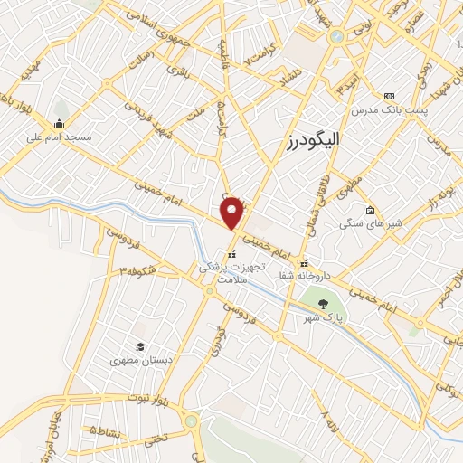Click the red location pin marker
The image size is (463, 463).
click(232, 213)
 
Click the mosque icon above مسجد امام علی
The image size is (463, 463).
click(59, 124)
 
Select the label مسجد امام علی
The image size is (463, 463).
click(59, 138)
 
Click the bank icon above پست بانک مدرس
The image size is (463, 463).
click(390, 96)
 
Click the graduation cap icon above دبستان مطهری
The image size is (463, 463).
click(140, 346)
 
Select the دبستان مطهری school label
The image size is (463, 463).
click(140, 360)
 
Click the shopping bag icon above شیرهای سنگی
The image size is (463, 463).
click(370, 211)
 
